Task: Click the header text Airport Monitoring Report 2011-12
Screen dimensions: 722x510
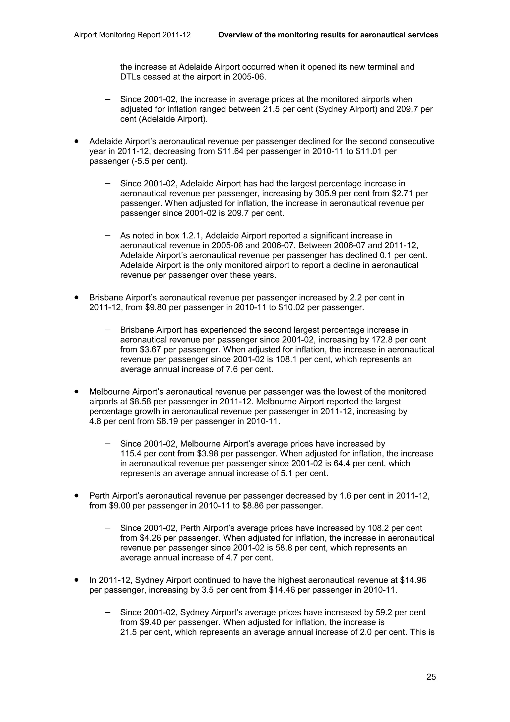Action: coord(132,35)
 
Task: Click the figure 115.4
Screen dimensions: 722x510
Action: coord(130,453)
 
